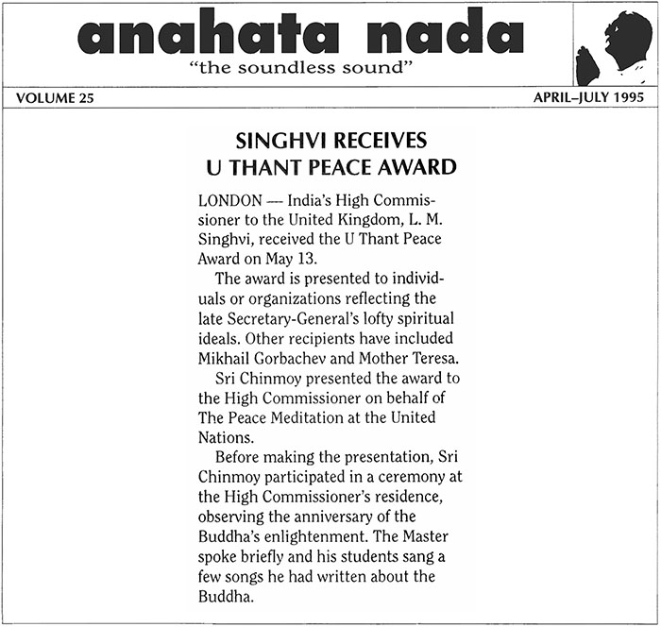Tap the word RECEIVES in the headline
tap(385, 142)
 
